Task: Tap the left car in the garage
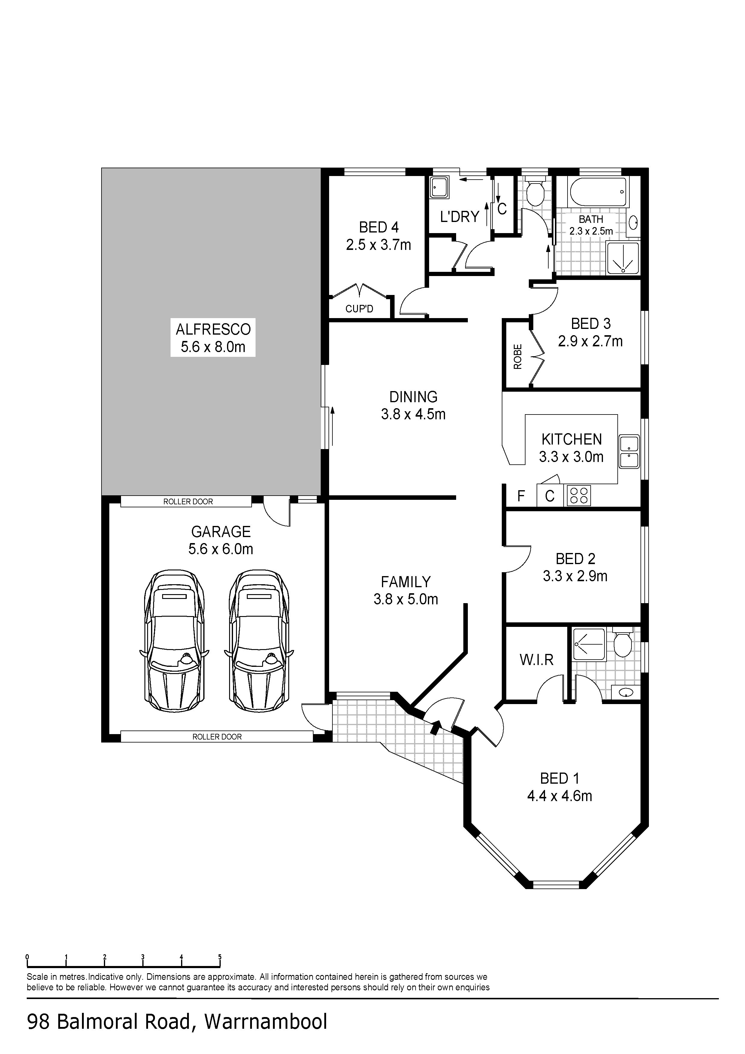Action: coord(174,641)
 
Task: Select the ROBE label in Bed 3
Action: coord(518,357)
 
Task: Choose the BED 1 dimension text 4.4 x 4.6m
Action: coord(559,796)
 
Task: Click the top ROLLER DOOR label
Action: coord(188,502)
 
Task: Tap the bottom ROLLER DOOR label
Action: coord(217,737)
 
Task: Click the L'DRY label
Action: coord(459,216)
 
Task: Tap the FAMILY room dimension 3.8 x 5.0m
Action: coord(406,599)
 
